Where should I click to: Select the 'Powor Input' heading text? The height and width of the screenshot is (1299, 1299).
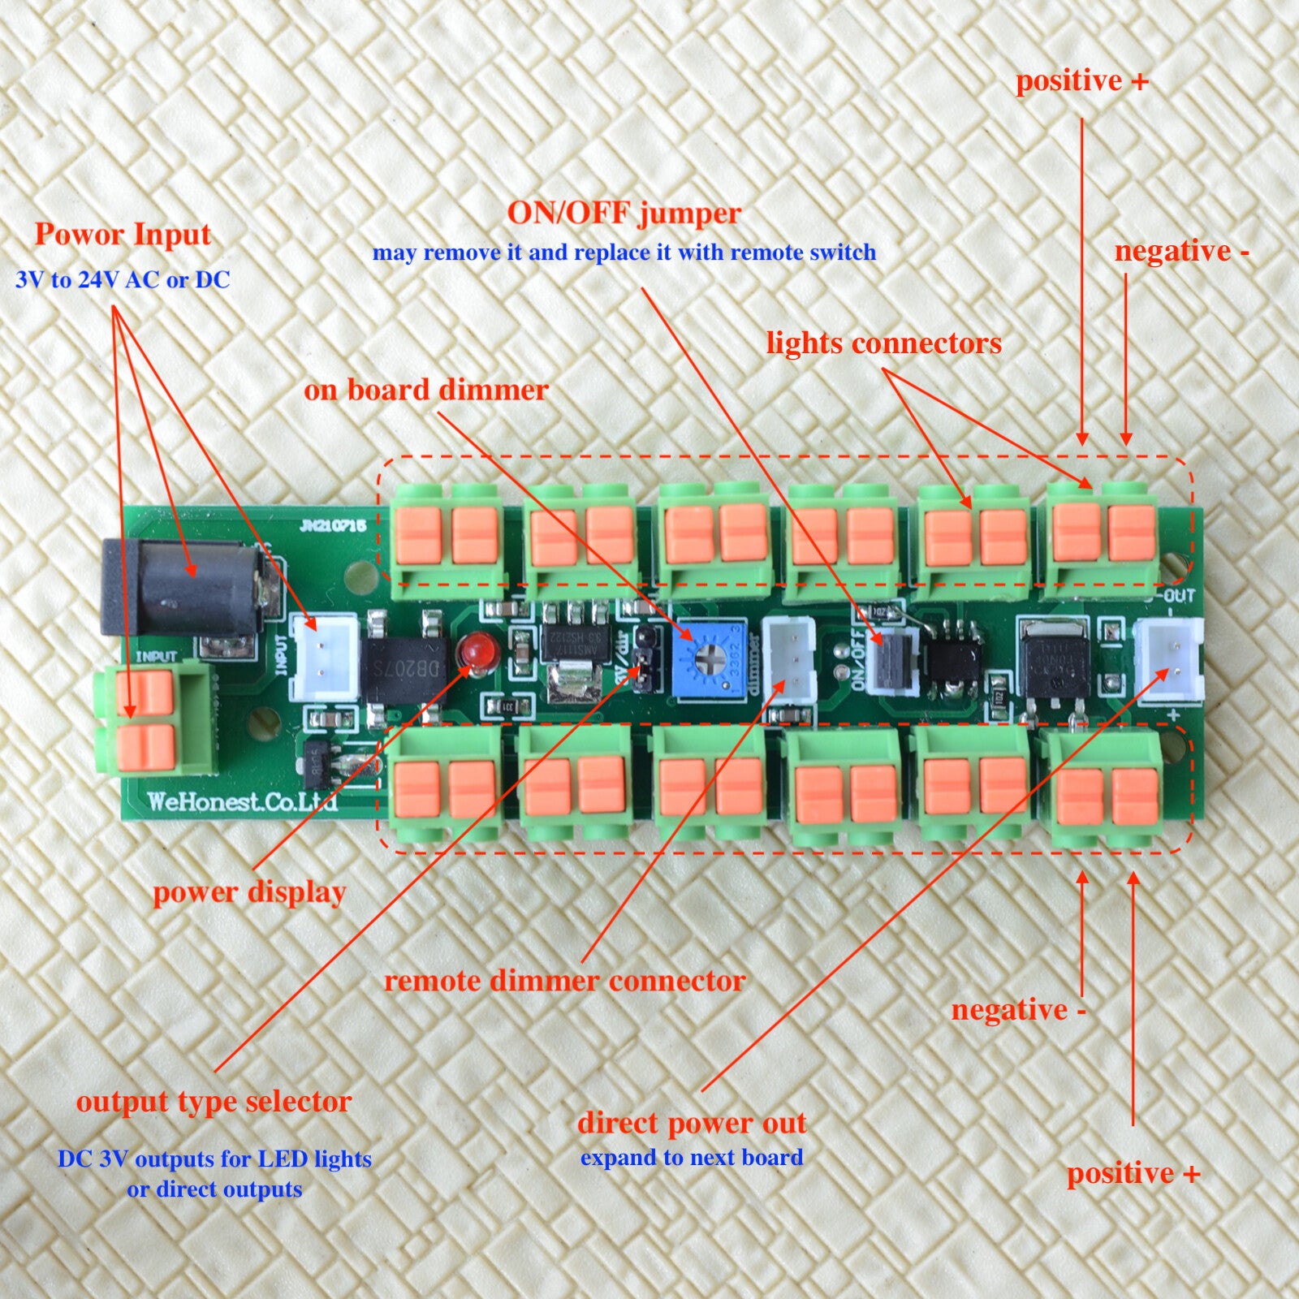[123, 235]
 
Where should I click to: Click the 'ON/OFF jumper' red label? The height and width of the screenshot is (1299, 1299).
[624, 214]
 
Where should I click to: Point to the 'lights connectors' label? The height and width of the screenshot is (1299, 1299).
[883, 343]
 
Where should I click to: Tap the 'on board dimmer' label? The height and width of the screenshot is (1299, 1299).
[426, 391]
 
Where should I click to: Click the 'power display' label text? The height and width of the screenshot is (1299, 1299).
[249, 892]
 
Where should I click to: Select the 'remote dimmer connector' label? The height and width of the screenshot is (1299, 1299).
[564, 981]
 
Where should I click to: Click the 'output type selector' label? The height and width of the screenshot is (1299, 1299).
[214, 1102]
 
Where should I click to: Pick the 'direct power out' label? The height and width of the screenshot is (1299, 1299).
[692, 1123]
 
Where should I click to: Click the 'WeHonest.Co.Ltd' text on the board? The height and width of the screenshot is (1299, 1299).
[242, 802]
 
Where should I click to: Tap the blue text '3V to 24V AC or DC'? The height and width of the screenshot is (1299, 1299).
[123, 280]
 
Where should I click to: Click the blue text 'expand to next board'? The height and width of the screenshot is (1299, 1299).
[692, 1158]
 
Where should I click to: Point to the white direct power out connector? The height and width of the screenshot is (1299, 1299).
[1167, 660]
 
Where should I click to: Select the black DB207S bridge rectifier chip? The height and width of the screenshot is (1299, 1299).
[403, 668]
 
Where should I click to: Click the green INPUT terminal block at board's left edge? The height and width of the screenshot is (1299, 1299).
[154, 719]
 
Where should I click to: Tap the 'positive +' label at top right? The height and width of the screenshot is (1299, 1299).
[1082, 81]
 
